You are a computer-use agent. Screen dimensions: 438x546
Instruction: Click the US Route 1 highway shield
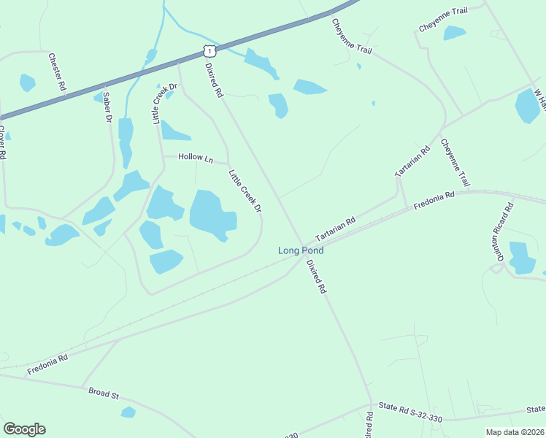coord(209,50)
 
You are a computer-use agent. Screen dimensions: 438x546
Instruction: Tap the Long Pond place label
coord(301,250)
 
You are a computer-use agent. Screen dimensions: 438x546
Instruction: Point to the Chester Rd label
coord(57,71)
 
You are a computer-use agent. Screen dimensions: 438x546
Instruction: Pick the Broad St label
coord(104,393)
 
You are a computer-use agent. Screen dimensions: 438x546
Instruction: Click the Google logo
coord(24,429)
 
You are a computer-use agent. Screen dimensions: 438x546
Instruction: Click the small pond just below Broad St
coord(128,412)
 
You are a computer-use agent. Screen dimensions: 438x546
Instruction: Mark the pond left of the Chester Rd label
coord(27,82)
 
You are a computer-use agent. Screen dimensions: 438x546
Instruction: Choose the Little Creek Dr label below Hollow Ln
coord(245,192)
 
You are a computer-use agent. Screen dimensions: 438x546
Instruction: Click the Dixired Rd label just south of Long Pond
coord(316,276)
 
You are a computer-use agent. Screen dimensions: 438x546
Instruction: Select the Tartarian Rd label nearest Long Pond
coord(335,229)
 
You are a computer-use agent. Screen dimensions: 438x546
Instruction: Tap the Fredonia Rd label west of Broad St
coord(47,364)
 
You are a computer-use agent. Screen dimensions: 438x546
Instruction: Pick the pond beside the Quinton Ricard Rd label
coord(521,258)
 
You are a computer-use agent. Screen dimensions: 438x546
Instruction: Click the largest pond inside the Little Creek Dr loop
coord(212,215)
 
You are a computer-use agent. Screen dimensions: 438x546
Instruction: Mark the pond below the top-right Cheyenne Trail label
coord(454,33)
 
